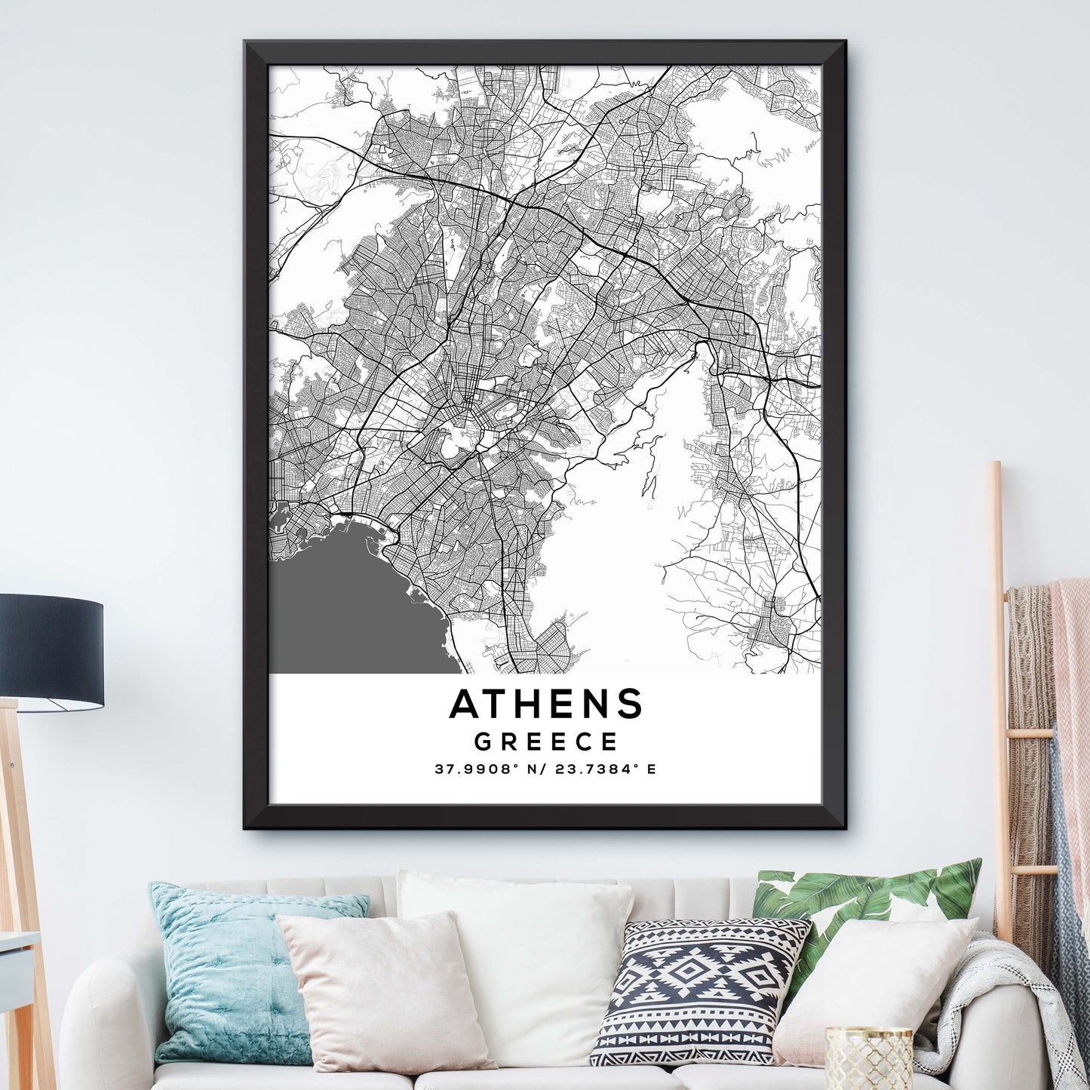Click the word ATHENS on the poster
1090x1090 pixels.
545,704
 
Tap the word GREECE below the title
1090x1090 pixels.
545,742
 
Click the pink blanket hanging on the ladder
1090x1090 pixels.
1071,679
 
